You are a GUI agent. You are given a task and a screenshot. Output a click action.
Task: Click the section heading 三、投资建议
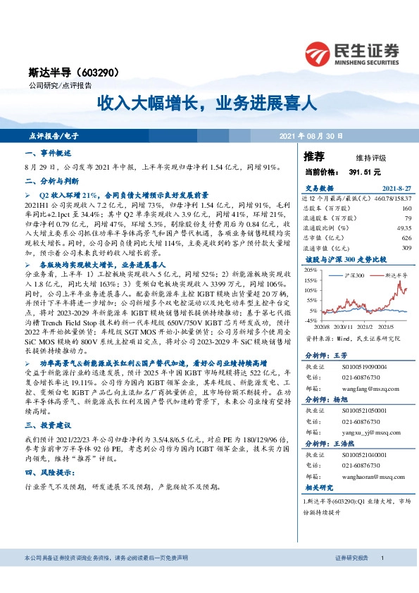(x=48, y=425)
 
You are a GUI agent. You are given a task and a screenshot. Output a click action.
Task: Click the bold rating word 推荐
(x=314, y=156)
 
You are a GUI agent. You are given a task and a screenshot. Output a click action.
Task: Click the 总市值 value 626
(x=406, y=238)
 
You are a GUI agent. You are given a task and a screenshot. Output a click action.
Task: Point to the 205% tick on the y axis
(x=311, y=270)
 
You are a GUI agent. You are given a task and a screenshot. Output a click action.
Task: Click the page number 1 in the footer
(x=382, y=557)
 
